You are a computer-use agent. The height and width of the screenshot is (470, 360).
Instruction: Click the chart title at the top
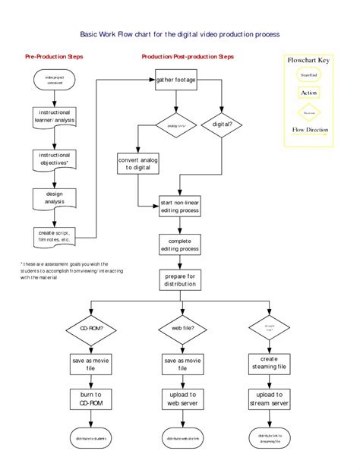pyautogui.click(x=180, y=34)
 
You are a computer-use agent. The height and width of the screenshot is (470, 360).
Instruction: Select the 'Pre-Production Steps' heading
pyautogui.click(x=54, y=57)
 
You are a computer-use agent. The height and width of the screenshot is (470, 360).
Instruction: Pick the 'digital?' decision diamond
pyautogui.click(x=222, y=123)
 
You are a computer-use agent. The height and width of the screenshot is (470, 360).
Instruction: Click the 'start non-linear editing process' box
pyautogui.click(x=179, y=207)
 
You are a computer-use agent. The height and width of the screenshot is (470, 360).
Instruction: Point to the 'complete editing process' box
pyautogui.click(x=179, y=244)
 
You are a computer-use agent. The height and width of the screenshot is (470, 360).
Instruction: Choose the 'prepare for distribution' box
pyautogui.click(x=179, y=280)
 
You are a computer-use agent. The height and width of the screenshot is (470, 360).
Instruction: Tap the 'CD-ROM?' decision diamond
pyautogui.click(x=91, y=330)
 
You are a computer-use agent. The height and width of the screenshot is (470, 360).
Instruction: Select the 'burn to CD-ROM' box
pyautogui.click(x=91, y=399)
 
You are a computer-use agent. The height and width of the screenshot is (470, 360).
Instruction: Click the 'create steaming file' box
pyautogui.click(x=269, y=363)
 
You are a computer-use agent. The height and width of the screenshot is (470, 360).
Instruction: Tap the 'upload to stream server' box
pyautogui.click(x=269, y=399)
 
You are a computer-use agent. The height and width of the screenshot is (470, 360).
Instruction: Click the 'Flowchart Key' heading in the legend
pyautogui.click(x=308, y=59)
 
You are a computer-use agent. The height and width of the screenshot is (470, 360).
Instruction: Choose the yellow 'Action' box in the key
pyautogui.click(x=308, y=93)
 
